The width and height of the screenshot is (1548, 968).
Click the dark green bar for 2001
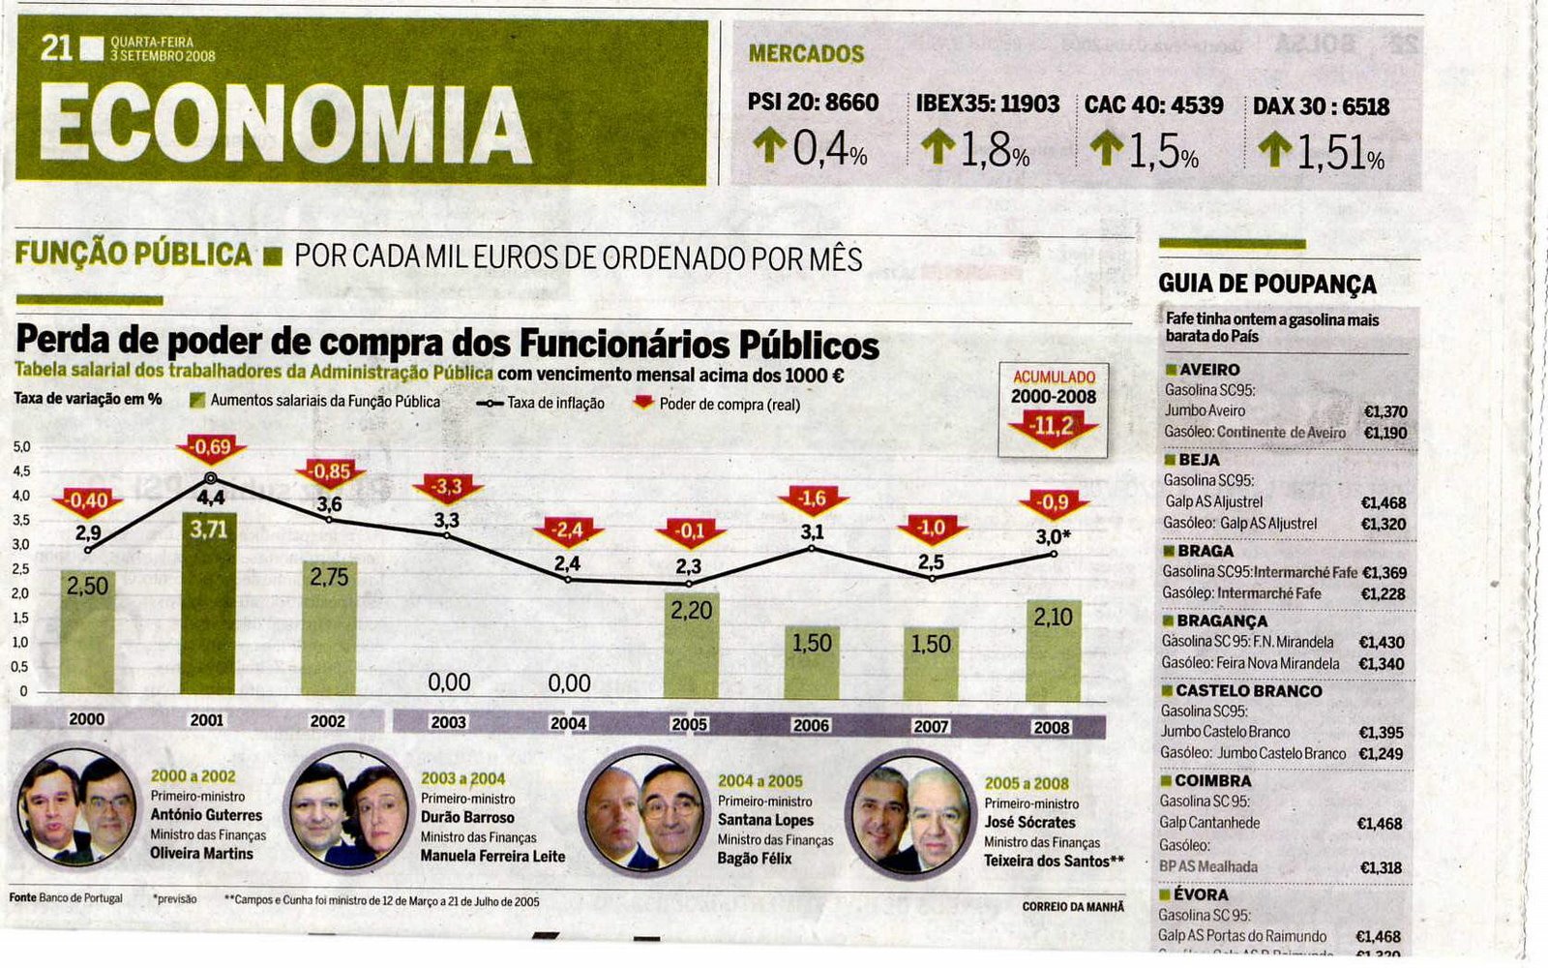point(208,605)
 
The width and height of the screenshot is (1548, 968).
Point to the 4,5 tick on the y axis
point(21,472)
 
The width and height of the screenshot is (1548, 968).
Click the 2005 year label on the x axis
point(689,724)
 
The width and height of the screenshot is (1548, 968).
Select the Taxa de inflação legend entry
point(541,404)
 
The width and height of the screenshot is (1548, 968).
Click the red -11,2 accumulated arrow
point(1053,427)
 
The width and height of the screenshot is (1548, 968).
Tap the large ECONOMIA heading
point(284,123)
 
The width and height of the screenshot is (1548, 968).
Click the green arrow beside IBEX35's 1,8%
point(938,148)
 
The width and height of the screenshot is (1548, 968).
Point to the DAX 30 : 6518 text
point(1321,106)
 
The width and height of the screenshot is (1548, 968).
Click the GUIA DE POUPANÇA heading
point(1266,285)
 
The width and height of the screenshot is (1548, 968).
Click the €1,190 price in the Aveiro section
point(1384,433)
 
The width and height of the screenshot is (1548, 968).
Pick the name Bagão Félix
point(755,859)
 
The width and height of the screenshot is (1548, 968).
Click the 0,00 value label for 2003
point(449,682)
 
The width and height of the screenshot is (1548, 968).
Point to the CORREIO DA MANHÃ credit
point(1073,907)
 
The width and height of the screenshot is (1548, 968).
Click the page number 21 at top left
point(56,47)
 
